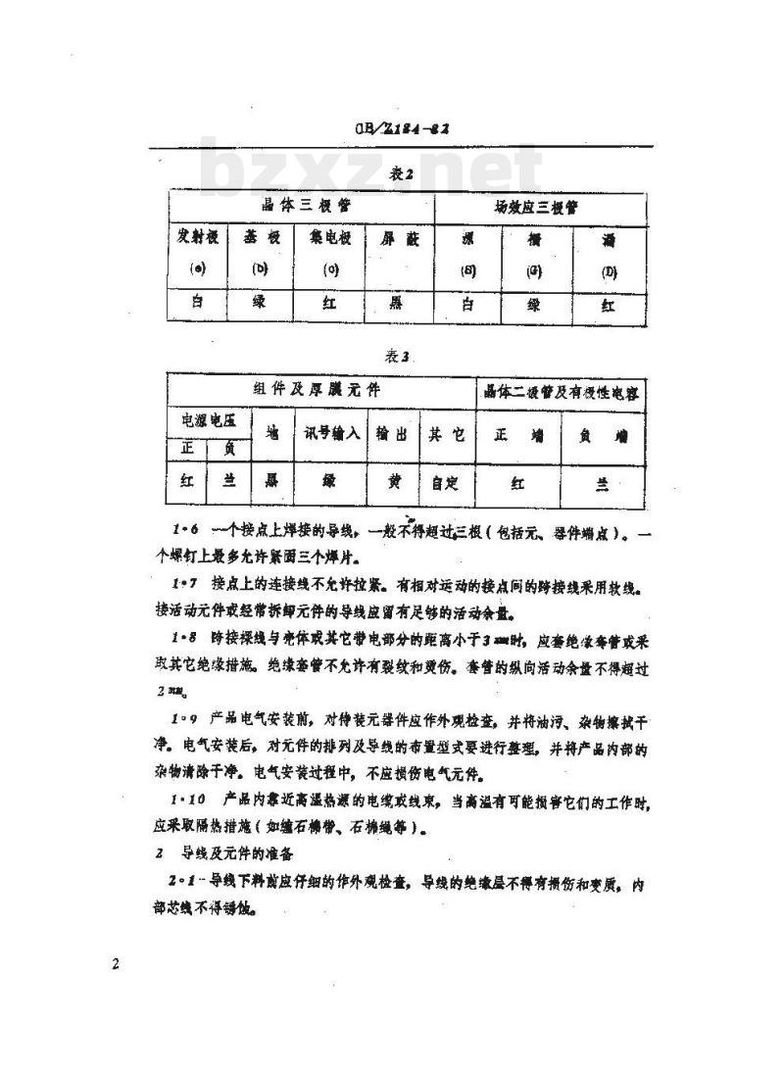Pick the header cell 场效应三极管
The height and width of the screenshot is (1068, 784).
[540, 208]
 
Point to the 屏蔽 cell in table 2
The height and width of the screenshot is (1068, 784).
[399, 239]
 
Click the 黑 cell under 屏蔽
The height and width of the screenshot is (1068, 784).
[399, 304]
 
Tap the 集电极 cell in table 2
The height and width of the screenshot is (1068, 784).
[330, 238]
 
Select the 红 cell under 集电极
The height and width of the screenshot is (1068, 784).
[330, 304]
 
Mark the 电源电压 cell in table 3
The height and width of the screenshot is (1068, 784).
[208, 421]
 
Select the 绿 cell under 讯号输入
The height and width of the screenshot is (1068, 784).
[328, 482]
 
